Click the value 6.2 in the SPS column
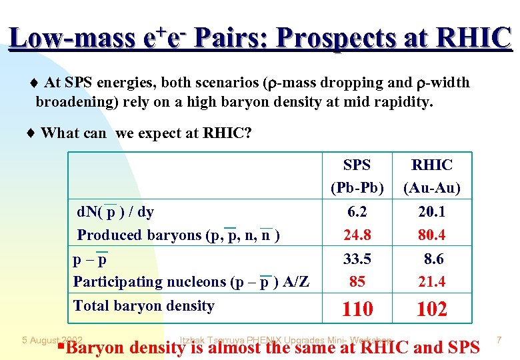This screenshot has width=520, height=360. pos(357,212)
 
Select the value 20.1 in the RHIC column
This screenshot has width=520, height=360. pos(431,212)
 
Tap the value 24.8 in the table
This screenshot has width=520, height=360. pos(357,235)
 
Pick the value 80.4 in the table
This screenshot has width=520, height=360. pos(431,235)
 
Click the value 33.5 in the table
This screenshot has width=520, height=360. pos(357,259)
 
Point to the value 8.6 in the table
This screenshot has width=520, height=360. pos(433,259)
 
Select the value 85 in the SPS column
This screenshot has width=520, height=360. pos(357,281)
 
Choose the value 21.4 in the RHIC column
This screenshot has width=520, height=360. pos(431,281)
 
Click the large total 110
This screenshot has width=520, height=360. pos(357,309)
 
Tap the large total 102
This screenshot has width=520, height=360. pos(431,309)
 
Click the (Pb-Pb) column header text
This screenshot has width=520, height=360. pos(357,188)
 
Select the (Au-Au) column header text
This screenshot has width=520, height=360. pos(431,188)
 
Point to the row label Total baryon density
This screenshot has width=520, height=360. pos(143,306)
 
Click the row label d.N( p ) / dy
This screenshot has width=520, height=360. pos(115,212)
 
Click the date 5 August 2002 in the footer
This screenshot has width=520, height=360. pos(51,341)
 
